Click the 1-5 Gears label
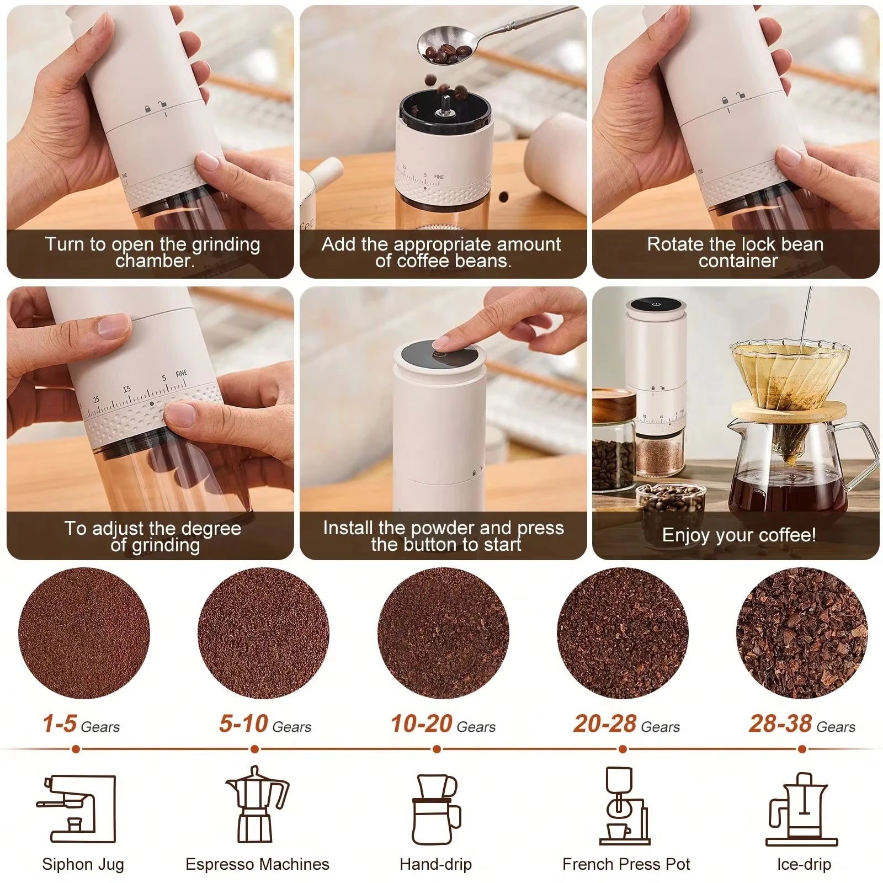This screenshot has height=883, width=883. click(81, 725)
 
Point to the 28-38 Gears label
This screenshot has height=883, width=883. click(801, 725)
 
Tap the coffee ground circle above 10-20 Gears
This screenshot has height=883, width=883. click(443, 634)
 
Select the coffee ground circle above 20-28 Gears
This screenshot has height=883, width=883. click(623, 634)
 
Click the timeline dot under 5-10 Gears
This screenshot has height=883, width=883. click(254, 749)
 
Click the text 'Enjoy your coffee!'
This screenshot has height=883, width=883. click(738, 535)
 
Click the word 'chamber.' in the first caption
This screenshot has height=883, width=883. click(155, 261)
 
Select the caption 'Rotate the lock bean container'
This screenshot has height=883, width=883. click(735, 252)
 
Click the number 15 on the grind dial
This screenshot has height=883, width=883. click(127, 389)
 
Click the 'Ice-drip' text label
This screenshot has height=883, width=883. click(804, 864)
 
